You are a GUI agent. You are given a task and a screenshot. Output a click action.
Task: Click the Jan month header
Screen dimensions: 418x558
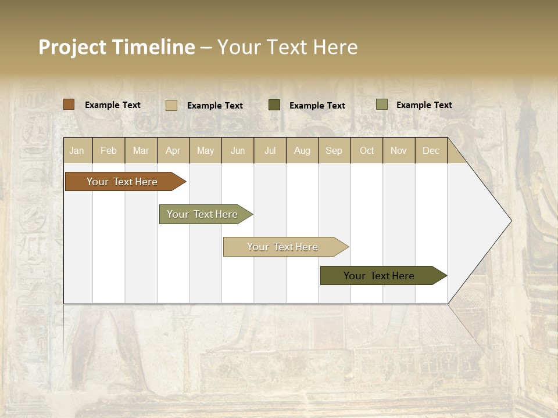(77, 150)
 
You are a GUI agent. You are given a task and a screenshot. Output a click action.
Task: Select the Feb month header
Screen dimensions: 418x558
(109, 150)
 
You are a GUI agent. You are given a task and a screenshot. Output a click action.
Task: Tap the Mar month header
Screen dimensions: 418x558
(141, 150)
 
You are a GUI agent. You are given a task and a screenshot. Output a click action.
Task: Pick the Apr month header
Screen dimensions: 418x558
(173, 150)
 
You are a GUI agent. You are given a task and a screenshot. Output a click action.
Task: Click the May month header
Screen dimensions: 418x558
(205, 150)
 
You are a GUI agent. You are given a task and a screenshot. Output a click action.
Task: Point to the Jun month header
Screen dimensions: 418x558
(238, 150)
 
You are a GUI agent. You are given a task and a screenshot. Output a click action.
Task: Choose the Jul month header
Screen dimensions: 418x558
(270, 150)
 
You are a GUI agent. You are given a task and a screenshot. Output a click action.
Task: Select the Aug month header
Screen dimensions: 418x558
(302, 150)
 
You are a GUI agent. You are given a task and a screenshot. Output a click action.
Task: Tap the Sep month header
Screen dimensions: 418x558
(334, 150)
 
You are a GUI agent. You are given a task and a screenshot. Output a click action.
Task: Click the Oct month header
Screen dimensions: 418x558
(367, 150)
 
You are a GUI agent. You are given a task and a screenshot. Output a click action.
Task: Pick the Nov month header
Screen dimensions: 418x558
(399, 150)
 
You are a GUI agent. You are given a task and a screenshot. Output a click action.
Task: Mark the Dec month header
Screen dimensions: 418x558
(431, 150)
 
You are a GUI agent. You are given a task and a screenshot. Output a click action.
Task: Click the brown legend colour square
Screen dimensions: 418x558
(69, 105)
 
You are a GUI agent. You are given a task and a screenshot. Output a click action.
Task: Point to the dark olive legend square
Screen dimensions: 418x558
(274, 105)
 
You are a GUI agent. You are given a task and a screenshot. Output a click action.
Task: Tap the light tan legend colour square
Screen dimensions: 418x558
(171, 105)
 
